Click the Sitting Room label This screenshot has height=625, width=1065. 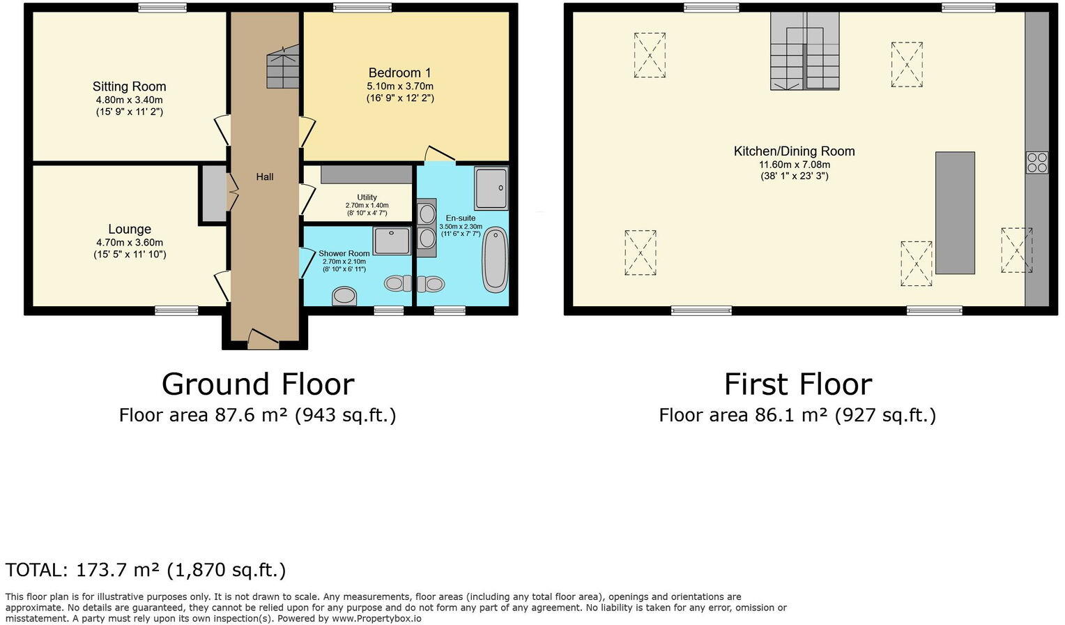129,86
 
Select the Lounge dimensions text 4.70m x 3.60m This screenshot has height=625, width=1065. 130,243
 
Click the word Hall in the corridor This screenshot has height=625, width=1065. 264,177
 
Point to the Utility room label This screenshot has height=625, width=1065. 367,197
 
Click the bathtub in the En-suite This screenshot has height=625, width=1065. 496,258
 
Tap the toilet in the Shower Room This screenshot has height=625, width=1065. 344,296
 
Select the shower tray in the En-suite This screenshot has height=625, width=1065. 491,188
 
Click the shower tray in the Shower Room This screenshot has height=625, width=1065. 392,241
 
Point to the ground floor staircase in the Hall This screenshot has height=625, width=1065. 282,67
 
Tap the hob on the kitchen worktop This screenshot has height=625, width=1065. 1036,163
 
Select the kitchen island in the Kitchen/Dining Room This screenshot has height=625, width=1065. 954,213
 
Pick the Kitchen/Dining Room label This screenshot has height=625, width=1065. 794,151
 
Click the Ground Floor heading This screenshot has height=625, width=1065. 258,384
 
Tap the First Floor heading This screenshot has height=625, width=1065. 797,384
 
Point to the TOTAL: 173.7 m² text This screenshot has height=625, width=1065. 145,570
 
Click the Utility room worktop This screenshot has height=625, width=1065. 366,174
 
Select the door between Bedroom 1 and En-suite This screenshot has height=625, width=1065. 440,154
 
